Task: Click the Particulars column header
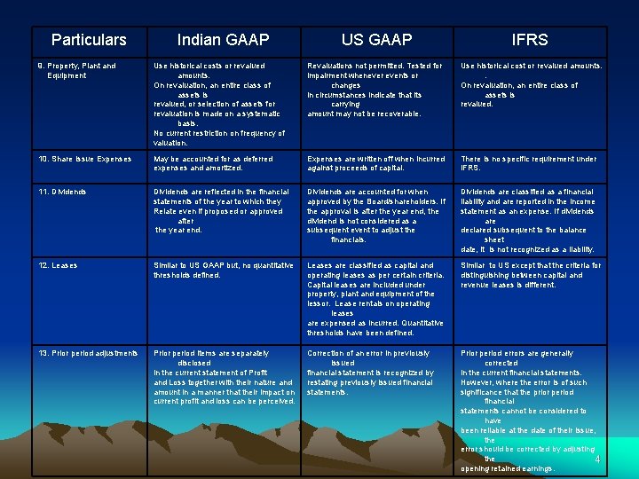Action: click(x=89, y=40)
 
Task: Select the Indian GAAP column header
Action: click(x=223, y=40)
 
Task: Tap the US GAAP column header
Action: click(x=376, y=40)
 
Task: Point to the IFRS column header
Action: click(x=530, y=40)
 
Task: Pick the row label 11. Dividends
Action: click(x=64, y=192)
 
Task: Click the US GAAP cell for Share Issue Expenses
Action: click(x=376, y=163)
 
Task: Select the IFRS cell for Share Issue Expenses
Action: click(x=529, y=163)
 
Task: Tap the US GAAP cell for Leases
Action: click(x=376, y=299)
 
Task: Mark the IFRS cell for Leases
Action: click(x=530, y=275)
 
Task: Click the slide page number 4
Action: click(x=597, y=459)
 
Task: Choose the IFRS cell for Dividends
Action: click(x=530, y=220)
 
